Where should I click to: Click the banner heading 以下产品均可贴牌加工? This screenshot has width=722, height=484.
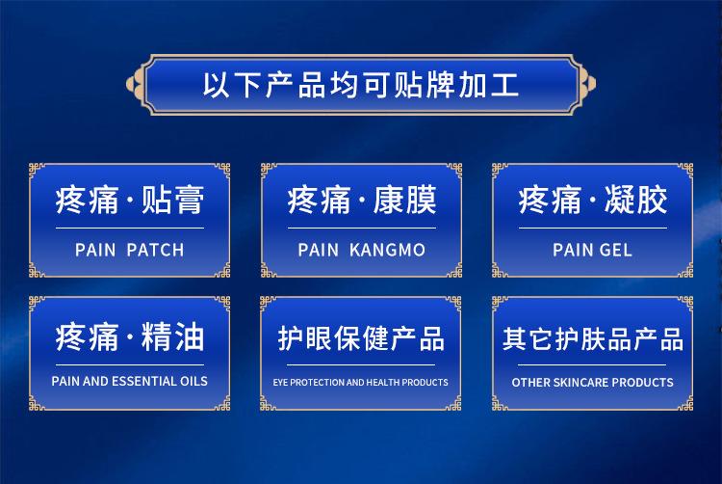[361, 85]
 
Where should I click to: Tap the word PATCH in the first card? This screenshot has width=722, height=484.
[155, 250]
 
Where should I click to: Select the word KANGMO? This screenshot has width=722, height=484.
[387, 250]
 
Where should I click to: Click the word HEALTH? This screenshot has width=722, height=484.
[383, 382]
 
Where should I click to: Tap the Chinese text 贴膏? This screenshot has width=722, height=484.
[172, 200]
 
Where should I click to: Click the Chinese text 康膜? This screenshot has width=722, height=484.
[404, 200]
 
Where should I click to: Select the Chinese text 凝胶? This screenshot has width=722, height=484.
[636, 200]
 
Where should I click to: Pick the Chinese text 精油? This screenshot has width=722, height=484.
[172, 336]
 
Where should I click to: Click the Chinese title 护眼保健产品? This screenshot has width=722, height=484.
[361, 338]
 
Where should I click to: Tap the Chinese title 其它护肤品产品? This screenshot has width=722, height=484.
[593, 338]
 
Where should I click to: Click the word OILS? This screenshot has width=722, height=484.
[193, 381]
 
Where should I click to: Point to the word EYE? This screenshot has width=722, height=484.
[280, 382]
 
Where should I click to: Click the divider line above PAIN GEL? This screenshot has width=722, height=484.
[593, 228]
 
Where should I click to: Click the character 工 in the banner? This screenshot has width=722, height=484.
[505, 85]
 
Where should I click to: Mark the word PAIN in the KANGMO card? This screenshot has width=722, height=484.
[319, 250]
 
